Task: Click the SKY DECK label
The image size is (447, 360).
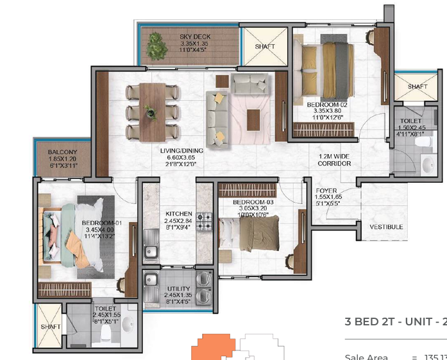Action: pyautogui.click(x=195, y=37)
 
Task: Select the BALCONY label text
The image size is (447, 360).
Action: pyautogui.click(x=62, y=152)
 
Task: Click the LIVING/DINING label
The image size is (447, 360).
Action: pyautogui.click(x=181, y=151)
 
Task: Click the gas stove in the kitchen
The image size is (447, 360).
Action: pyautogui.click(x=204, y=222)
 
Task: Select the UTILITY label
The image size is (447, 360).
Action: pyautogui.click(x=178, y=289)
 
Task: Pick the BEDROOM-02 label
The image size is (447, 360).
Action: pyautogui.click(x=327, y=105)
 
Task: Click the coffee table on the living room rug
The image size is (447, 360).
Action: pyautogui.click(x=253, y=117)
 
